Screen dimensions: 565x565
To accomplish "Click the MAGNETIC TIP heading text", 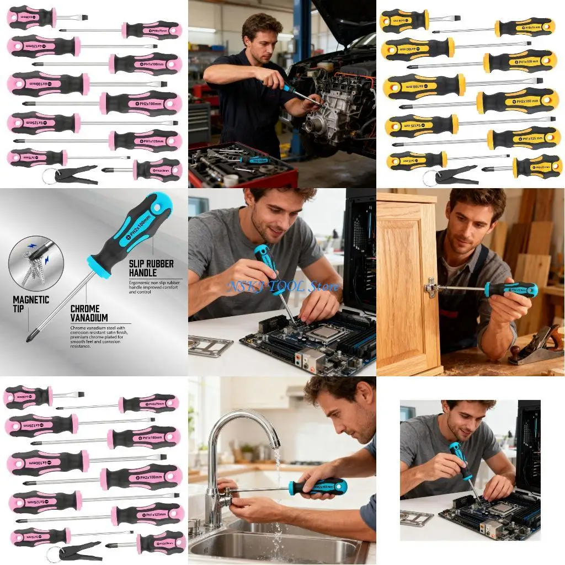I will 31,304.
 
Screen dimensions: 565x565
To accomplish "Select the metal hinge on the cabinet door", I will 432,287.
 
